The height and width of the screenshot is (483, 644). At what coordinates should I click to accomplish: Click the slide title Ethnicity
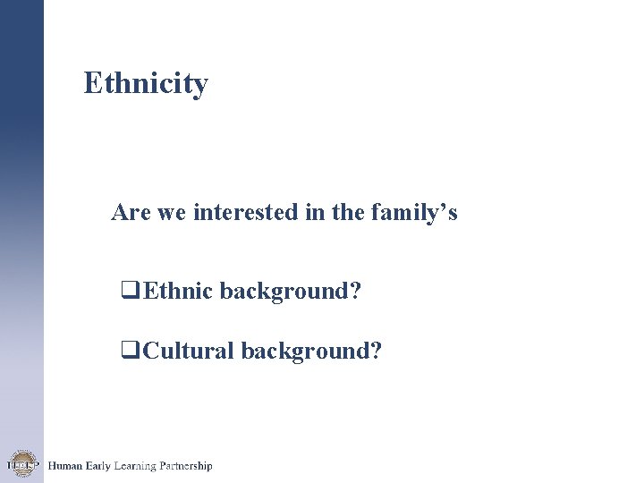(146, 83)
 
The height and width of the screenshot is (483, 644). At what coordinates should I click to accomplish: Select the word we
(171, 214)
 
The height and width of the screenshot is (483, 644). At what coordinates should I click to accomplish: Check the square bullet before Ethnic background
(128, 291)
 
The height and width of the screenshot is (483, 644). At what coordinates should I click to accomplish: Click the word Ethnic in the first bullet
(177, 291)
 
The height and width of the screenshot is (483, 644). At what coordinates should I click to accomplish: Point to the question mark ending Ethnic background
(357, 291)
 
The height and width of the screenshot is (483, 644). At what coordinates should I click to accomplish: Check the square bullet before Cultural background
(128, 351)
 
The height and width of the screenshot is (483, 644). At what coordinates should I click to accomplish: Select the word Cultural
(187, 351)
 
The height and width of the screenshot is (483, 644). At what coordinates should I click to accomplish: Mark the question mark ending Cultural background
(377, 351)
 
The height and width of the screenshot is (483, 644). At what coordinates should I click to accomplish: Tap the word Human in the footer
(64, 466)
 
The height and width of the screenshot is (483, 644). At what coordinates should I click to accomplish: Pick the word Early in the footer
(97, 466)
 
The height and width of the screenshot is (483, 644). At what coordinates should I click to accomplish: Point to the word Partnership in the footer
(186, 467)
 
